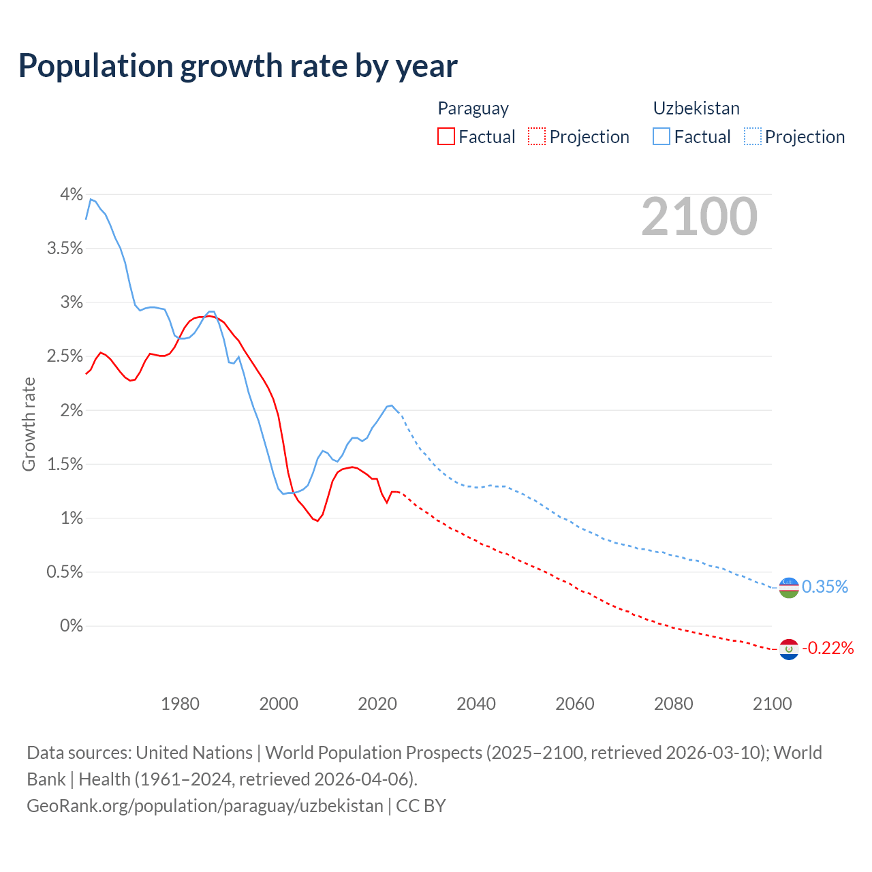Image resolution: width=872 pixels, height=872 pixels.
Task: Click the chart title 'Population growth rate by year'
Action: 238,66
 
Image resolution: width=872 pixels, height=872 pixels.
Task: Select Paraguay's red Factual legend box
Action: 446,136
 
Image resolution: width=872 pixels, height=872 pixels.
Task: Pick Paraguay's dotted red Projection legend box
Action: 537,136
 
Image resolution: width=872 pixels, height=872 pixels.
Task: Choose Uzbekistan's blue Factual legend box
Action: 661,136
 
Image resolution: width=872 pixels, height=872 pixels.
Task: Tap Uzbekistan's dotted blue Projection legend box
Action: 752,136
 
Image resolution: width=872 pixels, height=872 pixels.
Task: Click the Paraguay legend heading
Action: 473,108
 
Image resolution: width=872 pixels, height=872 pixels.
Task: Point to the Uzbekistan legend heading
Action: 696,108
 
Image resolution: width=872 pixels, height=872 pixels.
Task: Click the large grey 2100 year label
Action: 699,217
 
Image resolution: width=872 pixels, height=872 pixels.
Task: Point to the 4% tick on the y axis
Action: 71,195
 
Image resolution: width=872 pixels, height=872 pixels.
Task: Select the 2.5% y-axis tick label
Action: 65,356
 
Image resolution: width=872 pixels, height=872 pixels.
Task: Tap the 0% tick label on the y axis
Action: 71,625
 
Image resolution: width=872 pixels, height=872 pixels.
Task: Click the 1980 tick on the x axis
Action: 180,704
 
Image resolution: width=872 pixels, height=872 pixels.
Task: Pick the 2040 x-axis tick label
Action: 476,704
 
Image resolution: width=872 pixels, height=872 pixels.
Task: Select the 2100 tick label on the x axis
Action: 772,704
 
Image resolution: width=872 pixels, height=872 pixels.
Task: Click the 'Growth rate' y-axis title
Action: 29,424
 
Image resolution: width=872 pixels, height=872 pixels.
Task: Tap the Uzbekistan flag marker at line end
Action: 789,587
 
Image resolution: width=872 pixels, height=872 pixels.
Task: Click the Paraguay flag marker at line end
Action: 789,649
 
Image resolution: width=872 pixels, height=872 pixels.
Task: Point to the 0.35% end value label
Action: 825,587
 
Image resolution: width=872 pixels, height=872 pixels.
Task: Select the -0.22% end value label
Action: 828,648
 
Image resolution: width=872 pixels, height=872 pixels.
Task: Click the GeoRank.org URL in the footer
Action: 205,805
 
